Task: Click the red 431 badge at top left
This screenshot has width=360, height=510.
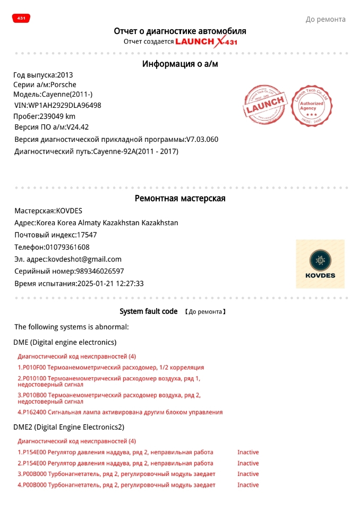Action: pyautogui.click(x=21, y=18)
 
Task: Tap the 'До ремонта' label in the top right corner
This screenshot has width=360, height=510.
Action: pyautogui.click(x=325, y=20)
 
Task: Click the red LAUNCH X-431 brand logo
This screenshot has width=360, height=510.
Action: pyautogui.click(x=203, y=41)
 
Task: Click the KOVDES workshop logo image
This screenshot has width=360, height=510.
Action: pyautogui.click(x=320, y=263)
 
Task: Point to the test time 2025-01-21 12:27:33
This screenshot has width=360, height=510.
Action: pyautogui.click(x=110, y=284)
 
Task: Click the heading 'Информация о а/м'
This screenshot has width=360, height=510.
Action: pyautogui.click(x=180, y=64)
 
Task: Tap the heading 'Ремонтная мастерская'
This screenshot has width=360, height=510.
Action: pyautogui.click(x=180, y=199)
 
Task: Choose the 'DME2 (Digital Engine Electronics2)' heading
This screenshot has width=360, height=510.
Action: pyautogui.click(x=68, y=427)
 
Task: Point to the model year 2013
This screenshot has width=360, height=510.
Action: pyautogui.click(x=65, y=75)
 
